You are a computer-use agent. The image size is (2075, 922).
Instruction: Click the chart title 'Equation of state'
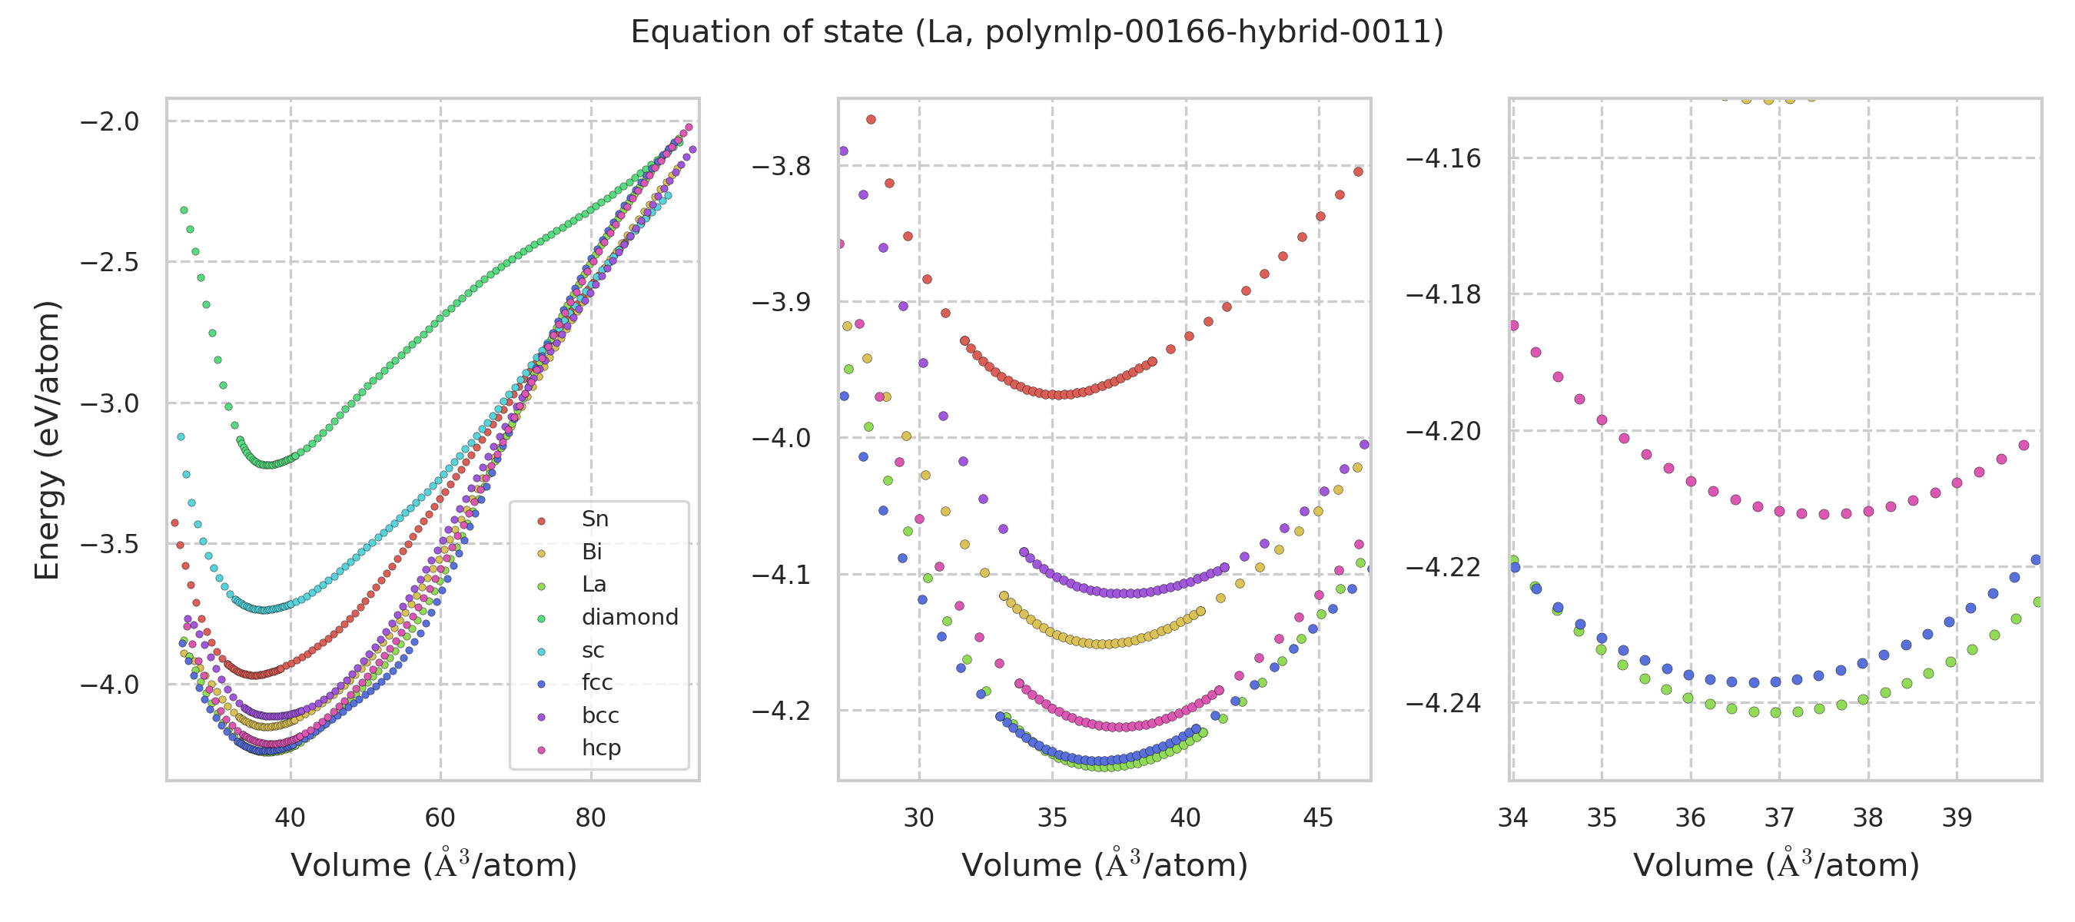[x=1037, y=32]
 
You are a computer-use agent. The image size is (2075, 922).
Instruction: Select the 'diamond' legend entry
[x=629, y=618]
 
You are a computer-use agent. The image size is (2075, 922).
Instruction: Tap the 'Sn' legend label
[x=595, y=519]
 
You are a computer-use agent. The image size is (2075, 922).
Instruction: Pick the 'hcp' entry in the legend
[x=601, y=748]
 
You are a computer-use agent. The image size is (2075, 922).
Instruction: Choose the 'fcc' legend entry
[x=597, y=683]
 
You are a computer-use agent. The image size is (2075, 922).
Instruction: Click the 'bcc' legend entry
[x=600, y=716]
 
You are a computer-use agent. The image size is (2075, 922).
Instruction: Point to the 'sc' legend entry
[x=593, y=651]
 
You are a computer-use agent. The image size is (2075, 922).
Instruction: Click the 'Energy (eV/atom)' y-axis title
[x=47, y=439]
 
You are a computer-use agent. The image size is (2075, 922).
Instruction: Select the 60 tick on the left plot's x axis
[x=440, y=818]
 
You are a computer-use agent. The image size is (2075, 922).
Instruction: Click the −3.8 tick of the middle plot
[x=781, y=167]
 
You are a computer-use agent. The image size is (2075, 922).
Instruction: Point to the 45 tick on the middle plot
[x=1319, y=818]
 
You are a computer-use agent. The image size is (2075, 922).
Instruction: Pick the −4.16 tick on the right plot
[x=1443, y=158]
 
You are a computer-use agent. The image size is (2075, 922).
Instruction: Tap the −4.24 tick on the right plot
[x=1443, y=704]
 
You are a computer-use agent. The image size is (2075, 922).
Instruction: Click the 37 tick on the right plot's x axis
[x=1778, y=818]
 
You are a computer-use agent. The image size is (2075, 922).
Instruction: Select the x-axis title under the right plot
[x=1776, y=866]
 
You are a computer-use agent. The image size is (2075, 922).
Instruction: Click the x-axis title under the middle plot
[x=1104, y=866]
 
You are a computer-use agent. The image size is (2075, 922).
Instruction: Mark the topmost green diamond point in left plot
[x=184, y=211]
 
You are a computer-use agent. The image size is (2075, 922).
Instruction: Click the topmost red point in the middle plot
[x=871, y=120]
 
